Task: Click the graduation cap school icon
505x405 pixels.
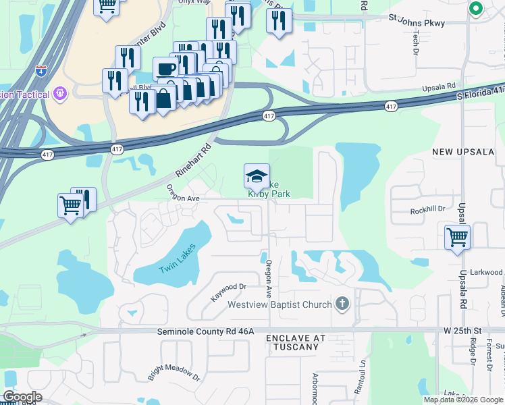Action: point(257,176)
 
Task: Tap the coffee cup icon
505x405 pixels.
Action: point(165,69)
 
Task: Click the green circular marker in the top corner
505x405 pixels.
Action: point(475,9)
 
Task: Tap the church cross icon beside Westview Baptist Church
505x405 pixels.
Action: point(342,304)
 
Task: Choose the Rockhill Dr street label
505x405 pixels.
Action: point(427,211)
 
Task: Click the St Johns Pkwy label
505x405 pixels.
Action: point(417,23)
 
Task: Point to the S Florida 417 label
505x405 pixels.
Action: point(480,93)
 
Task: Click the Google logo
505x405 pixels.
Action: point(22,397)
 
